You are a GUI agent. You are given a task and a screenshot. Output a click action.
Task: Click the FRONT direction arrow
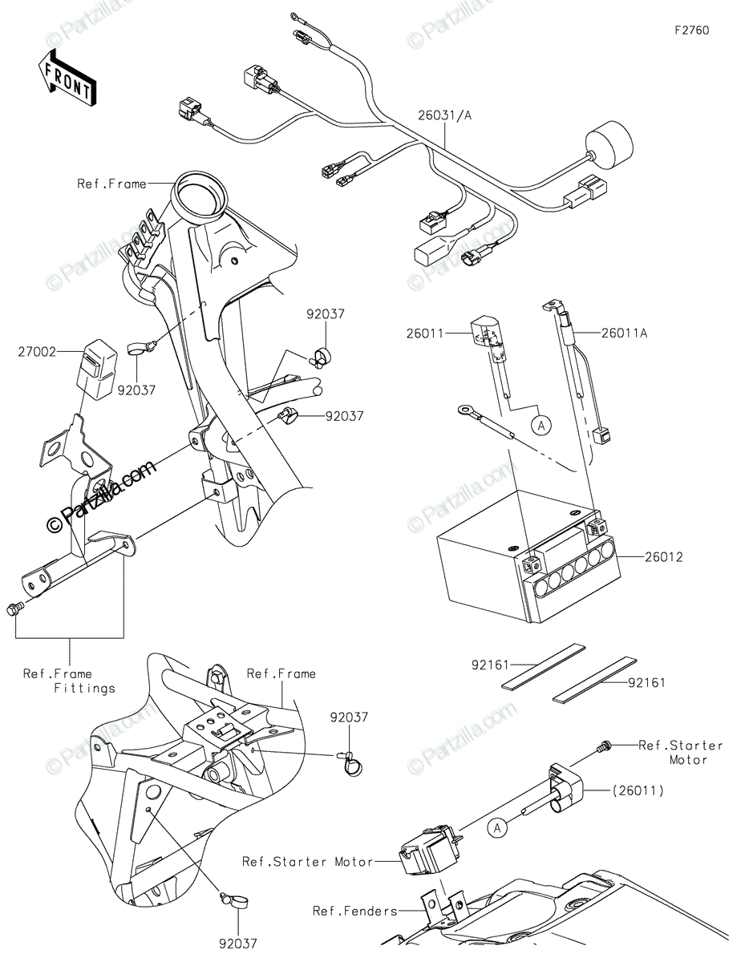(67, 78)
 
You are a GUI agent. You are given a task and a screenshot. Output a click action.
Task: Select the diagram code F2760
(691, 30)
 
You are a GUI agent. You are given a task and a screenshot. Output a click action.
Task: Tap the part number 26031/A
(444, 115)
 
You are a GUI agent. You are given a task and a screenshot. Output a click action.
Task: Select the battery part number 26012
(662, 556)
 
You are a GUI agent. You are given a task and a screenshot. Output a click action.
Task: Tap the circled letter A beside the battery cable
(542, 426)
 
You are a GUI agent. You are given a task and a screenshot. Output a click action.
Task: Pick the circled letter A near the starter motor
(498, 829)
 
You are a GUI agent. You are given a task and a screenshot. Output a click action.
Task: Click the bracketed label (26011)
(639, 790)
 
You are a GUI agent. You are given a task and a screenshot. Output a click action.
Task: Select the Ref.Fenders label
(355, 911)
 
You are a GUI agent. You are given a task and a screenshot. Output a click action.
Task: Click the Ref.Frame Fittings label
(69, 681)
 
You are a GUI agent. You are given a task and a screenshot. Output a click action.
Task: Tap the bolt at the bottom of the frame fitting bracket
(13, 610)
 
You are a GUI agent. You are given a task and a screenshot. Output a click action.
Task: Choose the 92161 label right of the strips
(647, 683)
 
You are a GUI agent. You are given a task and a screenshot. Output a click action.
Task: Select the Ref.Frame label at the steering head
(111, 184)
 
